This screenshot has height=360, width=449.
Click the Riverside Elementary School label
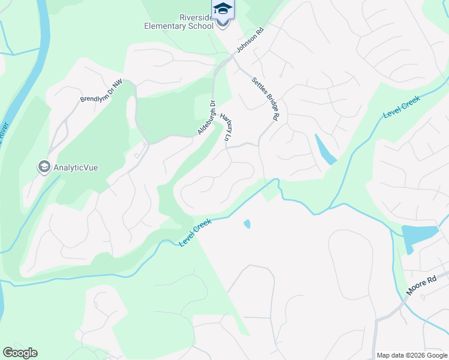point(179,22)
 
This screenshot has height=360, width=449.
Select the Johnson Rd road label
point(250,41)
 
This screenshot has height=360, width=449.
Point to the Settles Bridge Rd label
point(265,99)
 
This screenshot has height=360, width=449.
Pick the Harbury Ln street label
point(226,127)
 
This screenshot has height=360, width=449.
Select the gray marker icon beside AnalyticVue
point(44,166)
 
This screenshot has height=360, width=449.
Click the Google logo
point(20,353)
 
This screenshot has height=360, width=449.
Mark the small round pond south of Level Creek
point(247,224)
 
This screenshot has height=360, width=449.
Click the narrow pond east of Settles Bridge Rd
point(325,150)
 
